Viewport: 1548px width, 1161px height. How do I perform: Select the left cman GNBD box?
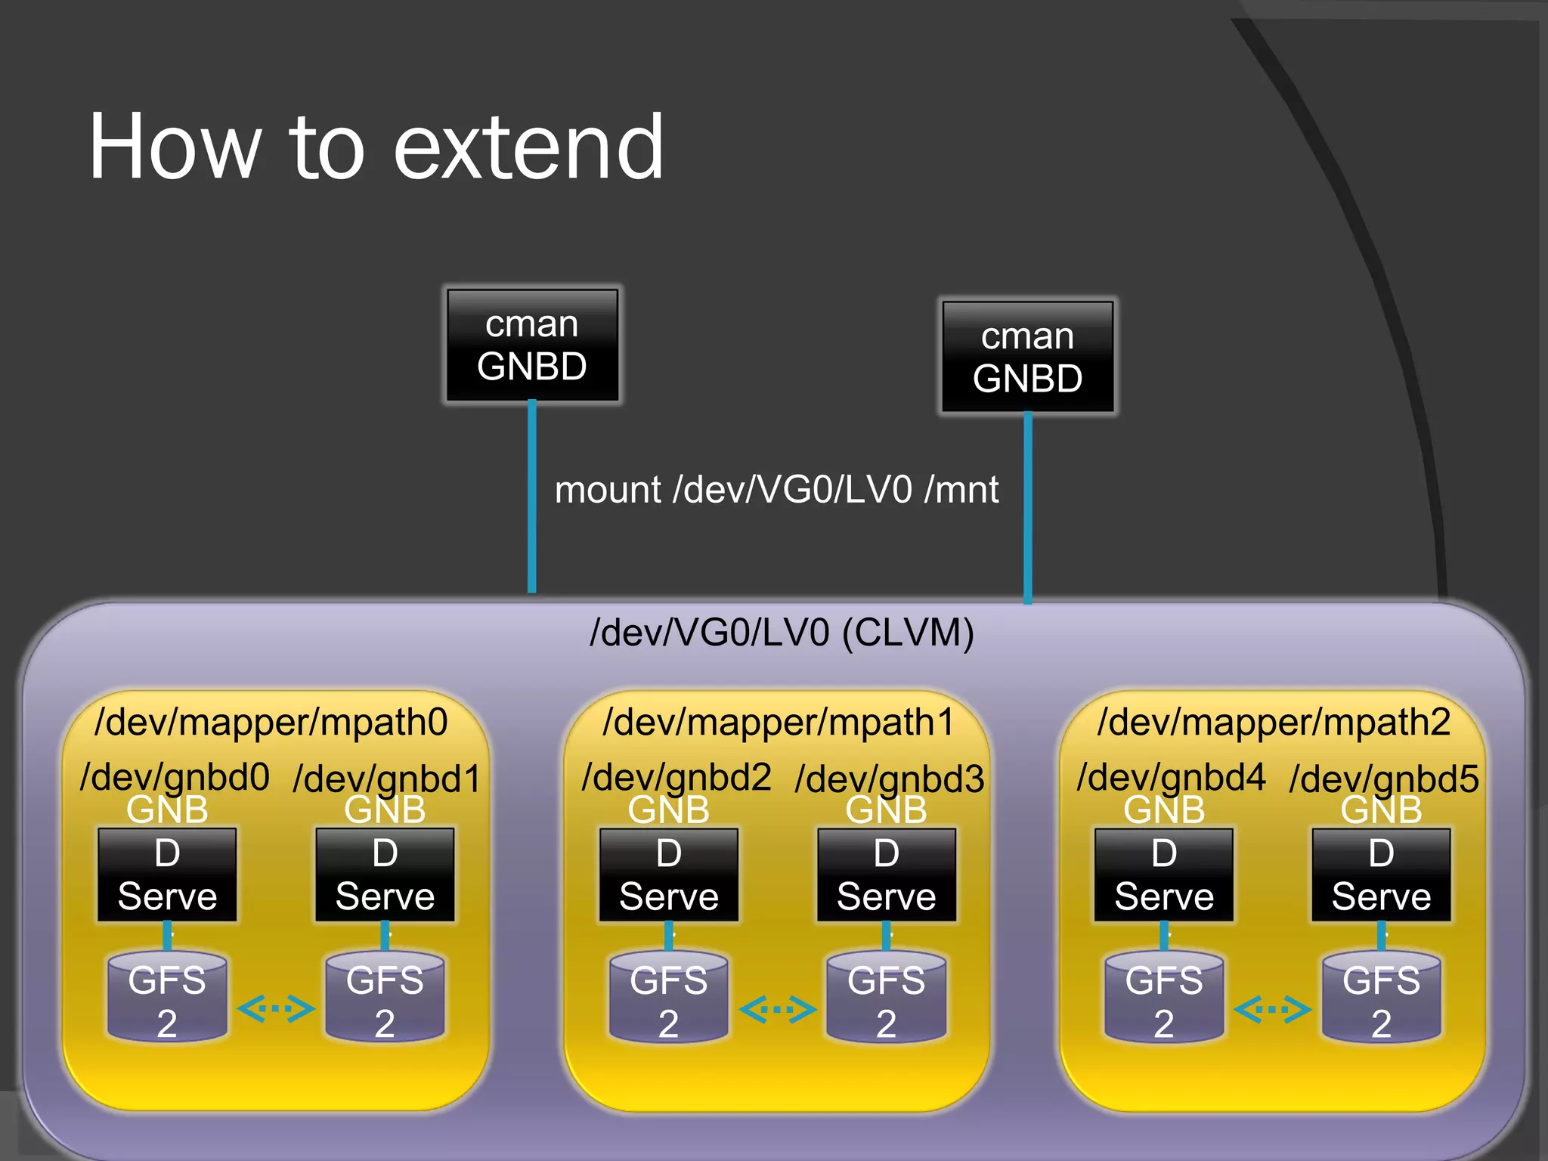tap(532, 345)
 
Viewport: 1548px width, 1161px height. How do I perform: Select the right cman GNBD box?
tap(1027, 357)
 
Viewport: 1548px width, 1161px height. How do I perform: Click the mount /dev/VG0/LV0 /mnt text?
tap(776, 490)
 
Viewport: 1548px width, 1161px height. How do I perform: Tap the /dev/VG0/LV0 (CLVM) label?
tap(782, 633)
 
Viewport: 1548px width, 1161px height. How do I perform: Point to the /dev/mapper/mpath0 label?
tap(271, 721)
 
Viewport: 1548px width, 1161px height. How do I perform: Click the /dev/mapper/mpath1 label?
tap(779, 721)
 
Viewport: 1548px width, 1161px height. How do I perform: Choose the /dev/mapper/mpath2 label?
tap(1274, 721)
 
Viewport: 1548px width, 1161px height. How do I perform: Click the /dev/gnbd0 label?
tap(175, 777)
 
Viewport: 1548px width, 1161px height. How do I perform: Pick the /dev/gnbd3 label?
tap(890, 779)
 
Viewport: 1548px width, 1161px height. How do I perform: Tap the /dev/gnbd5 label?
tap(1384, 779)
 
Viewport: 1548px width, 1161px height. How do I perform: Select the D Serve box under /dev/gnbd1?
tap(385, 875)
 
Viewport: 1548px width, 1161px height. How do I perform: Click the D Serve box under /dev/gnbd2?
tap(668, 875)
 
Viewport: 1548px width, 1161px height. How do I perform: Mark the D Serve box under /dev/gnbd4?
tap(1164, 875)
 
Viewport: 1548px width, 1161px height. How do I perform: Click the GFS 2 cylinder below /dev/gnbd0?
tap(167, 998)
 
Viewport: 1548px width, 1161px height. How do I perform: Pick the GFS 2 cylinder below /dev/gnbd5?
tap(1381, 998)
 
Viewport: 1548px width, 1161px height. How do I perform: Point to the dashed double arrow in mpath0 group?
tap(276, 1008)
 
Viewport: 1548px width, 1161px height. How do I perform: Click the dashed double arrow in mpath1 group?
tap(778, 1008)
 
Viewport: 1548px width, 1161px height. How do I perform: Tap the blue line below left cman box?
tap(532, 499)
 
